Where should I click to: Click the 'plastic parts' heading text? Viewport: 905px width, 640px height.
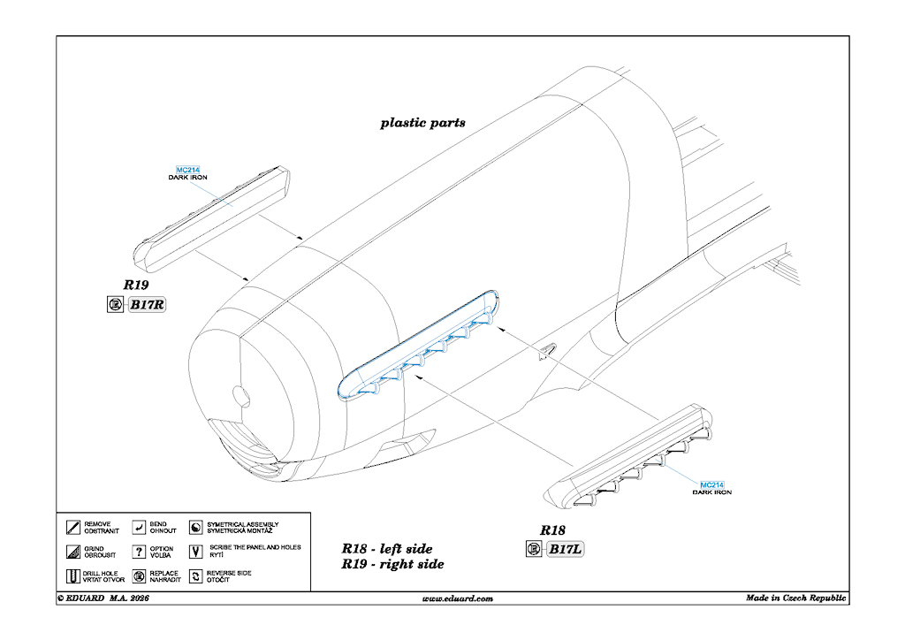[422, 123]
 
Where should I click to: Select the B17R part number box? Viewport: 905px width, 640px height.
[148, 306]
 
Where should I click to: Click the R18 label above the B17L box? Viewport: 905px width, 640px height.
[552, 530]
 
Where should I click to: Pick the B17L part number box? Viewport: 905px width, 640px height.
[566, 550]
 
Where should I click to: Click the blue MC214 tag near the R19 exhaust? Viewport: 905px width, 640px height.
[188, 170]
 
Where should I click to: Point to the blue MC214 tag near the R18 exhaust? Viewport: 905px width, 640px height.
[711, 485]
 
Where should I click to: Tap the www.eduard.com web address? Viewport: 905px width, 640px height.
[458, 598]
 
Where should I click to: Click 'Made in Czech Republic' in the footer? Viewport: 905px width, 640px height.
[796, 598]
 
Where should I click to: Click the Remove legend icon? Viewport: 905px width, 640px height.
[72, 528]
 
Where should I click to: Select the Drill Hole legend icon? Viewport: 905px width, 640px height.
[72, 577]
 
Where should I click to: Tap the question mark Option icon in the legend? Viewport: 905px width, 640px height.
[139, 552]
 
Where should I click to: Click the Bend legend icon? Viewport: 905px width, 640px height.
[139, 528]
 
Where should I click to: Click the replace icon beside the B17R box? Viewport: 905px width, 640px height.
[114, 306]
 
